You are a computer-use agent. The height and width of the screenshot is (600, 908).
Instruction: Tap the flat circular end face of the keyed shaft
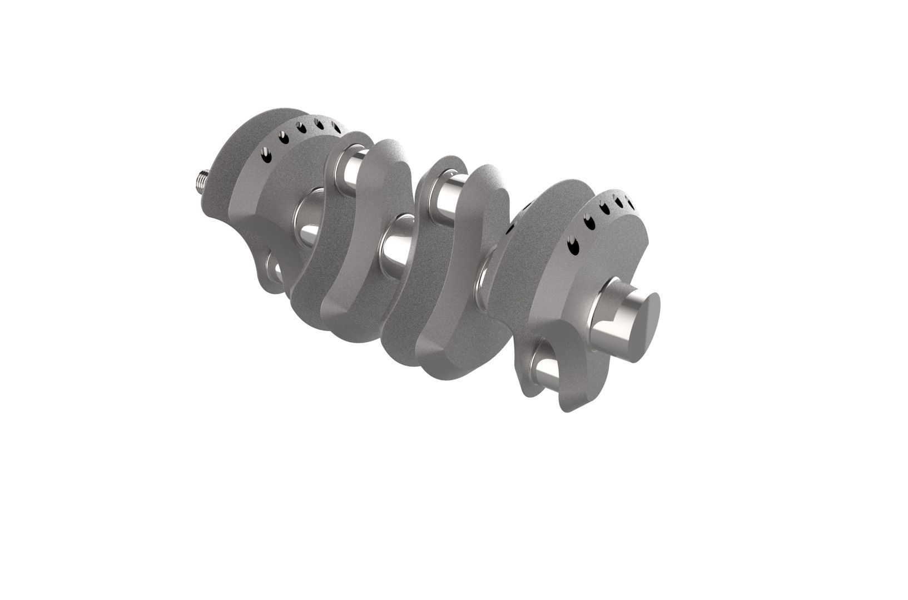(645, 328)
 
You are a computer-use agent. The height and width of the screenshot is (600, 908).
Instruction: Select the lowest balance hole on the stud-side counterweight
(267, 157)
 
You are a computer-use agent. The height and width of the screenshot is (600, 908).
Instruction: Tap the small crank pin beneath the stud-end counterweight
(276, 272)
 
